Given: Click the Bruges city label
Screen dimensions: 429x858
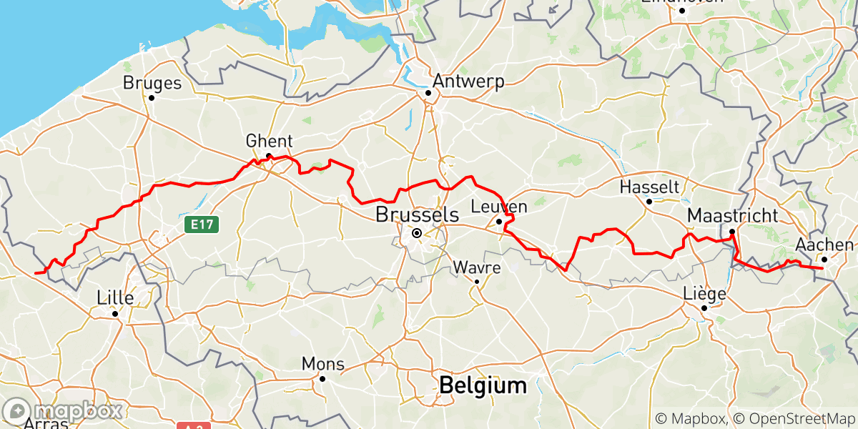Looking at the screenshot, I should [152, 83].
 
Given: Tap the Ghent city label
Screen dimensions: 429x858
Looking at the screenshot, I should [269, 140].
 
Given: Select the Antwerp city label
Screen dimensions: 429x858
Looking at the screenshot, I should [468, 81].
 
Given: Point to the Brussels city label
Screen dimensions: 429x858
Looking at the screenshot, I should [417, 214].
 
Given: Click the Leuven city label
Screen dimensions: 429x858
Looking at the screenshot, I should [499, 207].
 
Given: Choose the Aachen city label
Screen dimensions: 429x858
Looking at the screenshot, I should [824, 245].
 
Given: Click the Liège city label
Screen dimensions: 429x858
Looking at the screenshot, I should [705, 294].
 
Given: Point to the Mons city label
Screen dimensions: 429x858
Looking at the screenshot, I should [322, 364].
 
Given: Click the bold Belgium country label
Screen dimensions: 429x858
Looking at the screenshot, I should [483, 386].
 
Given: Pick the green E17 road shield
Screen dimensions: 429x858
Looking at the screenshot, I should [202, 225].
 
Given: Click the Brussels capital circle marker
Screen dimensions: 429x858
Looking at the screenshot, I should [416, 232].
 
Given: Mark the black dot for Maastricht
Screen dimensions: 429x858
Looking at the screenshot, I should [732, 232].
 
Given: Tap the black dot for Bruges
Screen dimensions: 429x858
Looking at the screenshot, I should [152, 97].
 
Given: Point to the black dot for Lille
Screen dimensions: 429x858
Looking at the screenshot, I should [114, 312].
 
